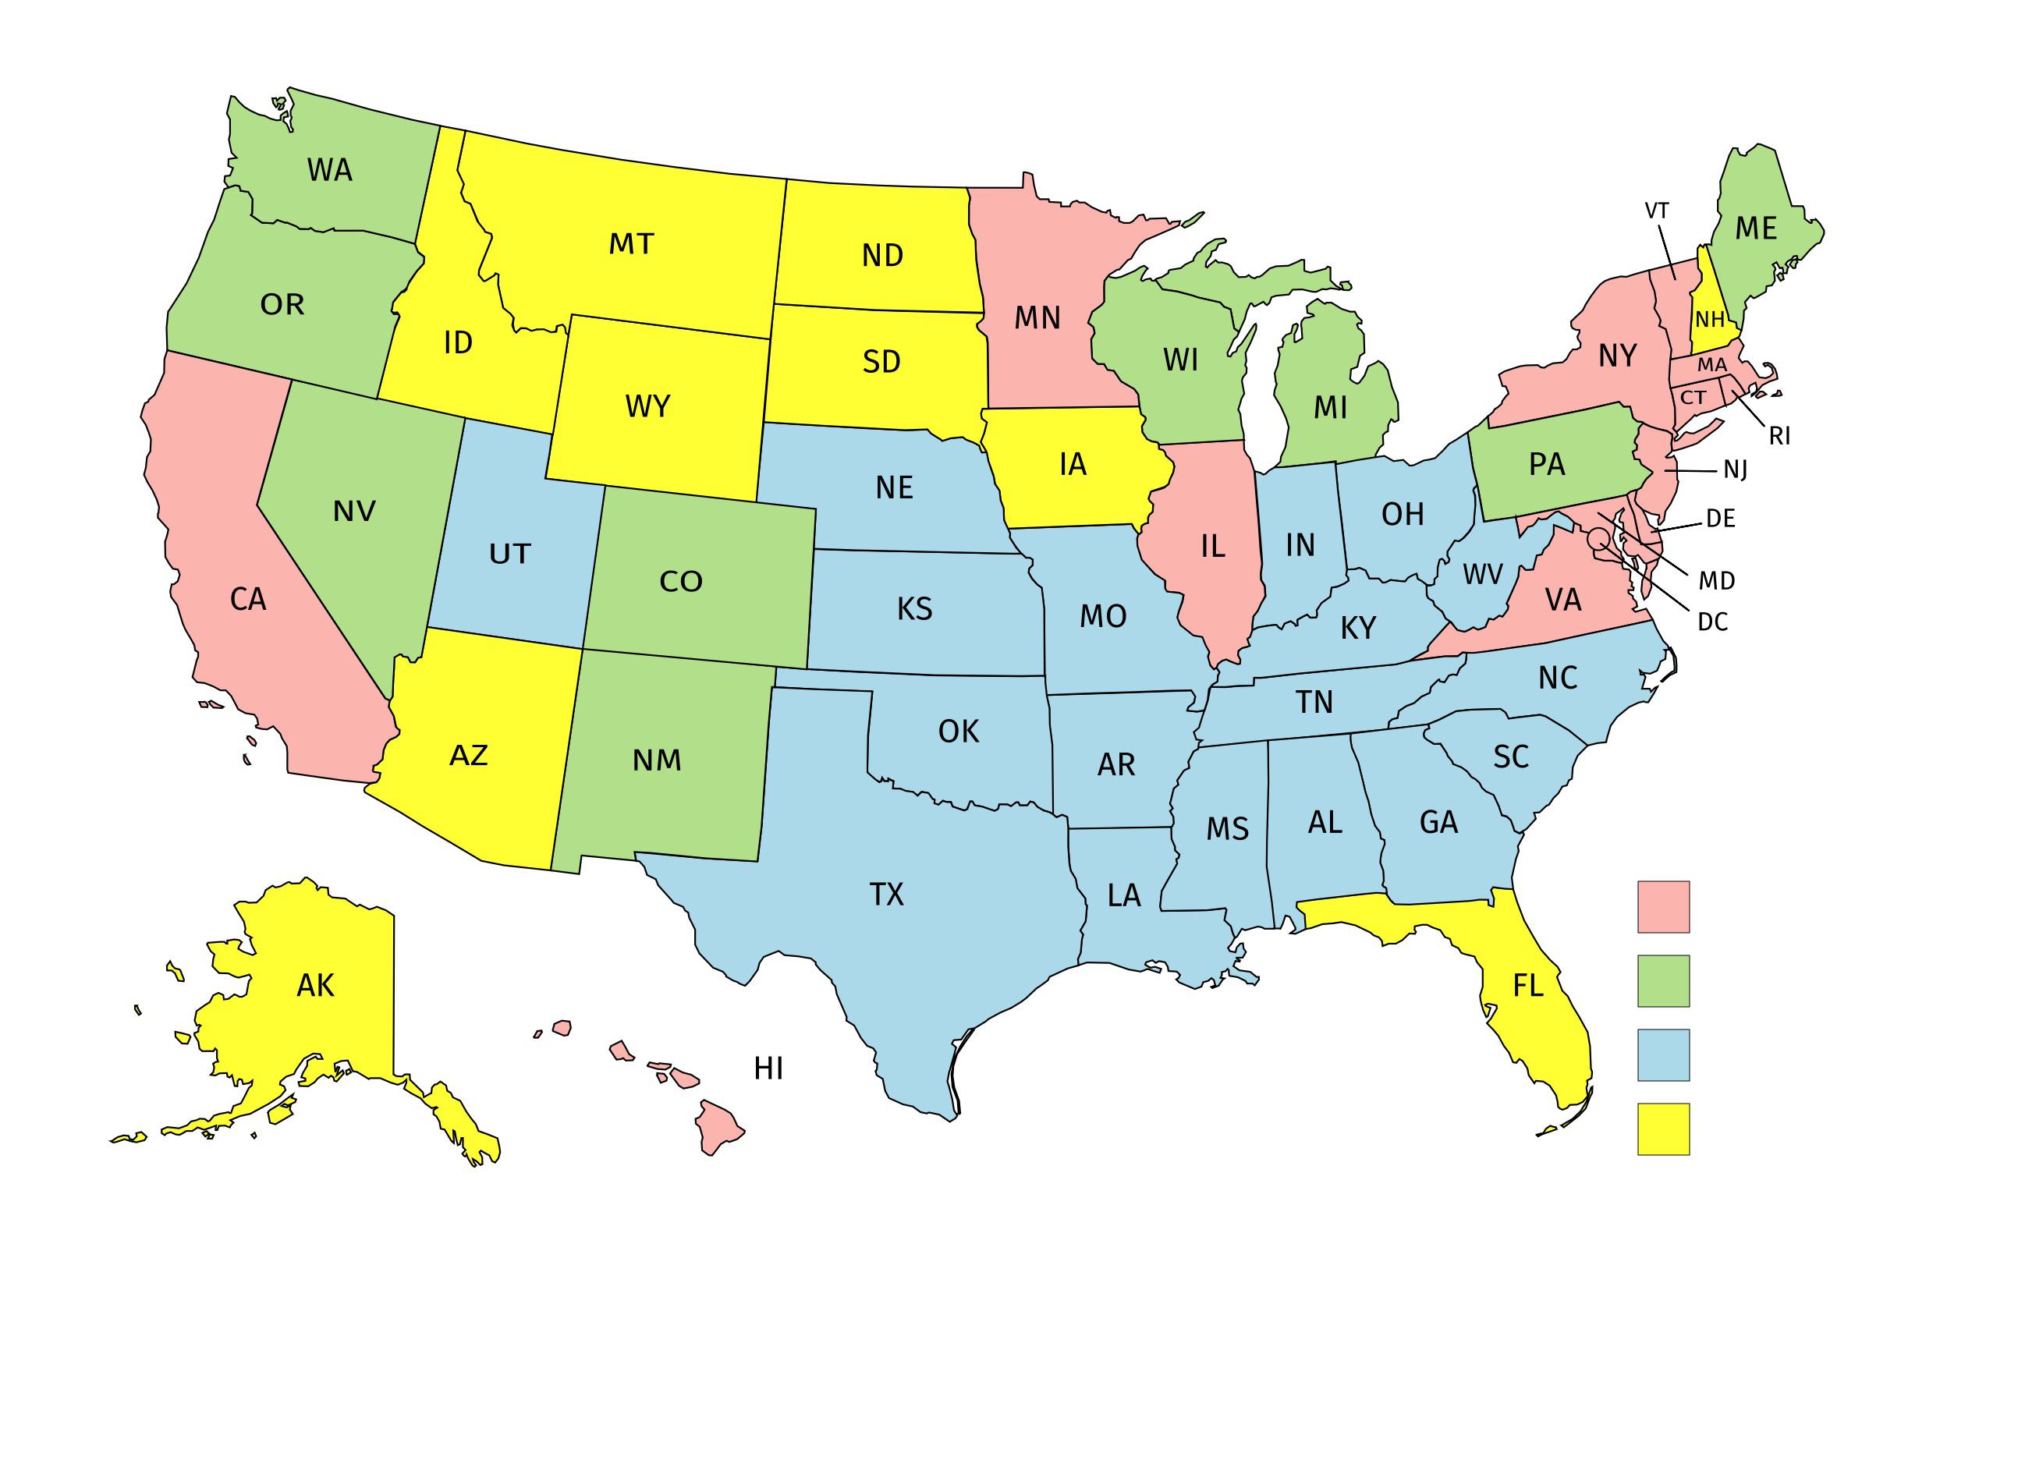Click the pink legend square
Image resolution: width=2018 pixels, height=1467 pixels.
[1663, 906]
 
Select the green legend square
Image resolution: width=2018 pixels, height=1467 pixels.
[1663, 981]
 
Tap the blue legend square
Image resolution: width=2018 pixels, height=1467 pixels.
[1663, 1055]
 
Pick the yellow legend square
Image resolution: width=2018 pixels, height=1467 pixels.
[1663, 1129]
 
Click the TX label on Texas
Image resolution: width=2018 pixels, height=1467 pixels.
[886, 894]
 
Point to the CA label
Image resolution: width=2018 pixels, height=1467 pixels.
[248, 600]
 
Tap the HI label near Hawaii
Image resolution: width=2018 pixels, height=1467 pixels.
[769, 1068]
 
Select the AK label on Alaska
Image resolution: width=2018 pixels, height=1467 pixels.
[316, 986]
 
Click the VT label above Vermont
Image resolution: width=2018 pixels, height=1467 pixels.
[1657, 211]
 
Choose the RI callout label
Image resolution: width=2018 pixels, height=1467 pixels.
[1779, 436]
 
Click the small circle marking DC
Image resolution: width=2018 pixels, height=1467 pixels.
[1598, 537]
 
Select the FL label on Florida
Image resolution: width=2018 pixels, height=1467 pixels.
[1529, 986]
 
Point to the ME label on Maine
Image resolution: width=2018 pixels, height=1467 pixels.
[1757, 229]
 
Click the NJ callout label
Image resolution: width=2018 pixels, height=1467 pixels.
[1736, 470]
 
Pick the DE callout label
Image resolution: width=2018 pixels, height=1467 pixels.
[1721, 519]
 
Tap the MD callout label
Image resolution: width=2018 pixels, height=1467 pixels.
[1717, 581]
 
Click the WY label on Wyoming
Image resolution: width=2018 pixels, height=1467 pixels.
[647, 406]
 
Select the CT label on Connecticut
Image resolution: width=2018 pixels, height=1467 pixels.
[1693, 398]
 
